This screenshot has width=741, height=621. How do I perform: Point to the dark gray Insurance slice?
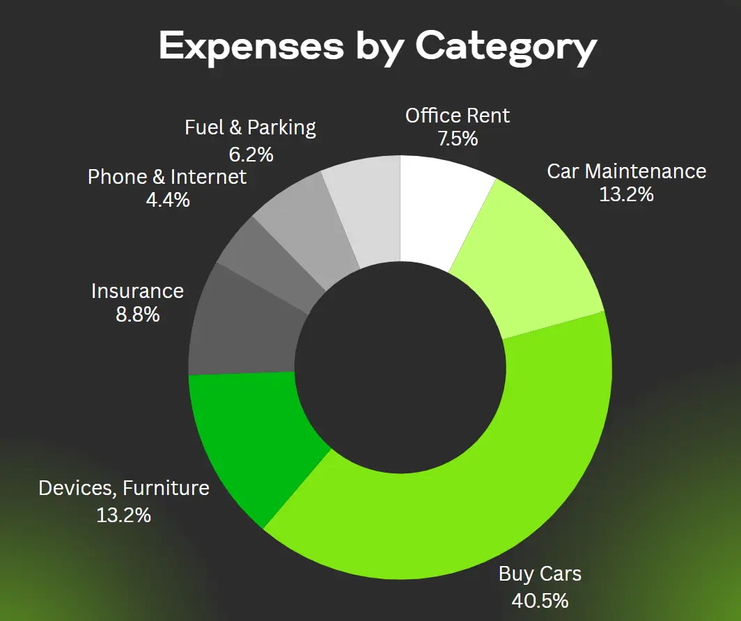coord(244,327)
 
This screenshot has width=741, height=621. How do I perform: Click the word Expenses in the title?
coord(251,46)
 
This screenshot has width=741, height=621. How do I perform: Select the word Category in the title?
coord(506,47)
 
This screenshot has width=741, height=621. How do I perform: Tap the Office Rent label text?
coord(458,115)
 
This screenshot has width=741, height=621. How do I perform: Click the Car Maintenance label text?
coord(626,171)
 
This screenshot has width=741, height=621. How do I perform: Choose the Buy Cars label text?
coord(540,574)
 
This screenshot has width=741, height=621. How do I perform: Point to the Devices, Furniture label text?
coord(124,488)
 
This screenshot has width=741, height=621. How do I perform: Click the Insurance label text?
coord(137,290)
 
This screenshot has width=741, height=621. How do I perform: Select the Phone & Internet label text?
coord(167,177)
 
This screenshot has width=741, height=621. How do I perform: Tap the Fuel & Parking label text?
coord(250,128)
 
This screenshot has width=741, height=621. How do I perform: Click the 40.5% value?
coord(540,599)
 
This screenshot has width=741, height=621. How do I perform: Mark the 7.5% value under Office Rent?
coord(458,139)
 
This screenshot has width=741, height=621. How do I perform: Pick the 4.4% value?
coord(167,201)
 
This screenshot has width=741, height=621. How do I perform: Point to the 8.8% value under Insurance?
coord(137,315)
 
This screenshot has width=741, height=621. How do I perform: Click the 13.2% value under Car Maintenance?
coord(626,195)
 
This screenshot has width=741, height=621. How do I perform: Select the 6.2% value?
coord(250,152)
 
